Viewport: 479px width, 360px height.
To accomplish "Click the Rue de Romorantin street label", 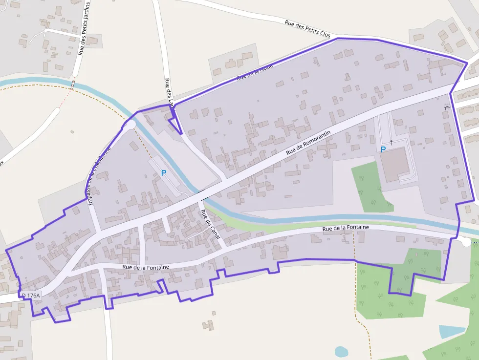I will pyautogui.click(x=308, y=142).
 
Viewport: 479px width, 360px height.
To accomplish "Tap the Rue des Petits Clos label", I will pyautogui.click(x=307, y=28).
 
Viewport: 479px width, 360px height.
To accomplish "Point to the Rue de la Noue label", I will pyautogui.click(x=254, y=72).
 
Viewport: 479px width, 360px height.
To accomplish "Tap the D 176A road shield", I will pyautogui.click(x=31, y=295).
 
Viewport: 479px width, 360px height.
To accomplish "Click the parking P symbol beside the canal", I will pyautogui.click(x=164, y=172).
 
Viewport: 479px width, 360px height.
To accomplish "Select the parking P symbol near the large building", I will pyautogui.click(x=383, y=149).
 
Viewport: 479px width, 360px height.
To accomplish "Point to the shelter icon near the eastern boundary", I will pyautogui.click(x=447, y=107).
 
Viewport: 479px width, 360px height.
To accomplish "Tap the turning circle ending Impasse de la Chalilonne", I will pyautogui.click(x=130, y=124).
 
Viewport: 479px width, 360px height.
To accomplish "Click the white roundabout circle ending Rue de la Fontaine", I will pyautogui.click(x=466, y=242).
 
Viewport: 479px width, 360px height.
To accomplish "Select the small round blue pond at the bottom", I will pyautogui.click(x=341, y=351).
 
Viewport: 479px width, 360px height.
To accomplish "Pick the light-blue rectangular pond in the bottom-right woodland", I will pyautogui.click(x=451, y=332).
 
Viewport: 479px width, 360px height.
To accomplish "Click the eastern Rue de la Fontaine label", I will pyautogui.click(x=345, y=228).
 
